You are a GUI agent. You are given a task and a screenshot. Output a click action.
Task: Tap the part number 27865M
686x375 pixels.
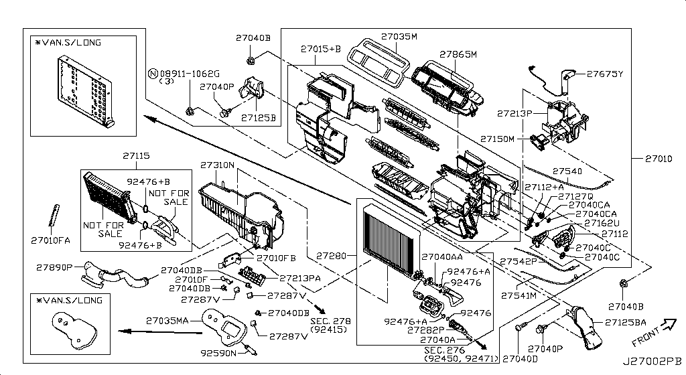tap(458, 54)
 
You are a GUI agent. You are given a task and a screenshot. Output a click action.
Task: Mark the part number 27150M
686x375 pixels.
tap(497, 139)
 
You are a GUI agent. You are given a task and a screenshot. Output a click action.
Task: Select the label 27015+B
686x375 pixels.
tap(320, 49)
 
